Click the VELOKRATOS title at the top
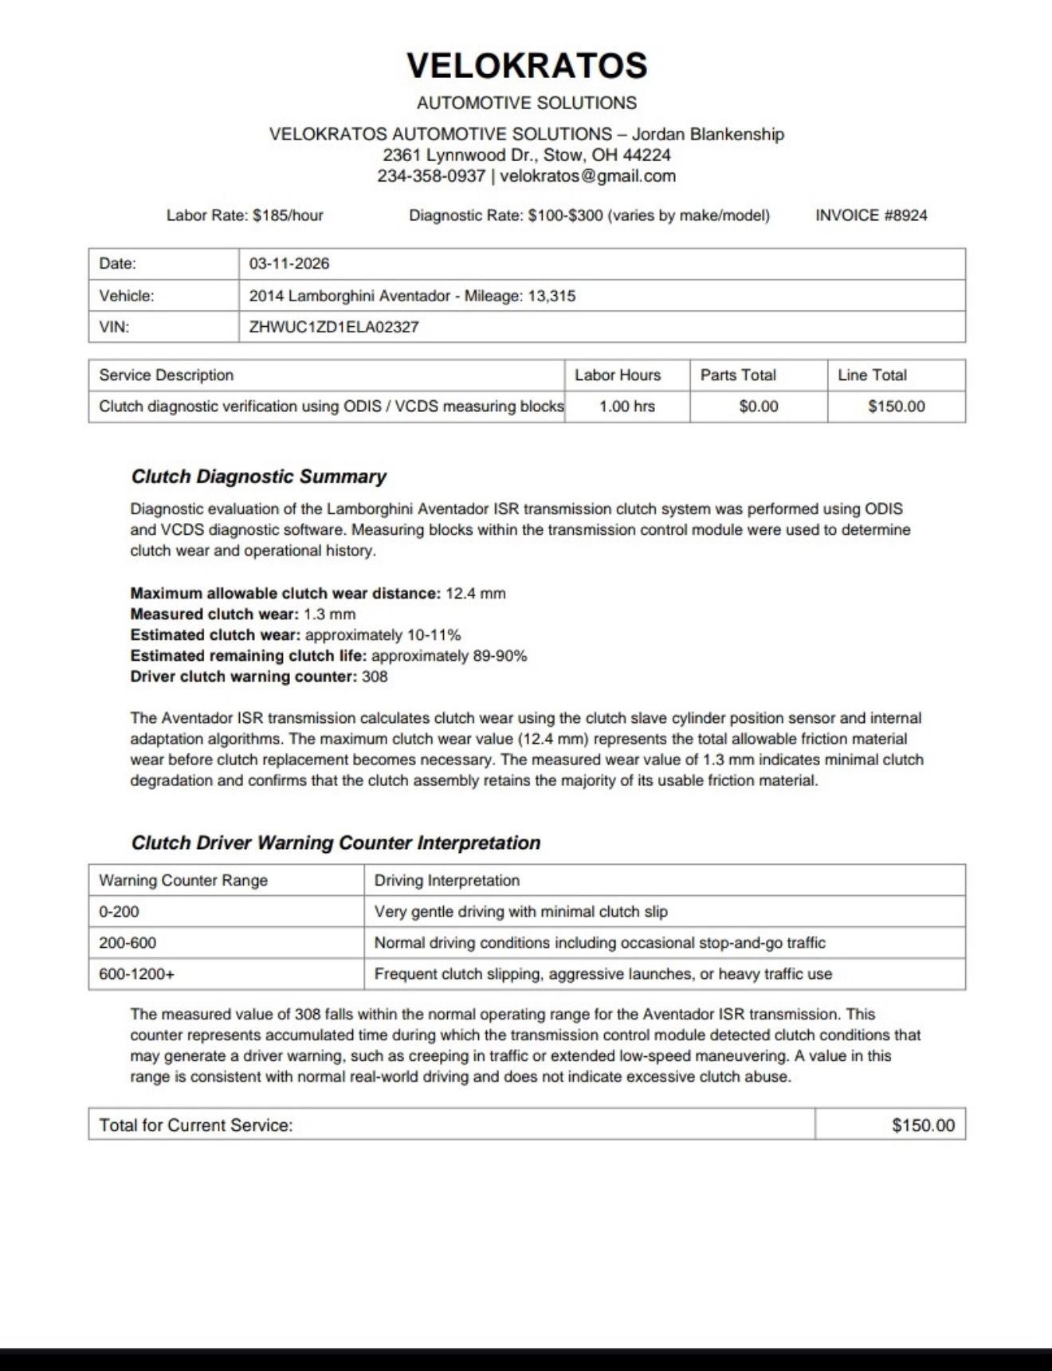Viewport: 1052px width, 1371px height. point(527,65)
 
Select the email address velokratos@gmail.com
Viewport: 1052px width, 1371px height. point(587,176)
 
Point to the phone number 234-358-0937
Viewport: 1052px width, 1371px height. point(430,176)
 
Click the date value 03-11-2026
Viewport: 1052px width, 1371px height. point(289,264)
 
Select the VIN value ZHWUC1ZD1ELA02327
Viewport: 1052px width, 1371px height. point(333,327)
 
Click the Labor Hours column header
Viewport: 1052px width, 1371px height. point(618,375)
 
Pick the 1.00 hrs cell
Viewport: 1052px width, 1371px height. point(626,407)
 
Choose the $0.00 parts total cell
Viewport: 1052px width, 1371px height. point(758,407)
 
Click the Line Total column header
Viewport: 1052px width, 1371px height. point(872,375)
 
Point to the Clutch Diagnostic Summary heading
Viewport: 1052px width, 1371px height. point(258,477)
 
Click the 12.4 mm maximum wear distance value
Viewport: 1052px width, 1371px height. point(476,593)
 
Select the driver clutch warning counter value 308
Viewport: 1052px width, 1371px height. point(375,677)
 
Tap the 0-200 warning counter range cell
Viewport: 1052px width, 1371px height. point(119,912)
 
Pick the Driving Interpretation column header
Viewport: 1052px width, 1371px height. point(446,881)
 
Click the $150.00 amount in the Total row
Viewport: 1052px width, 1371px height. point(923,1125)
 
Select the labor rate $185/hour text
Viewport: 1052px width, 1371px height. point(288,215)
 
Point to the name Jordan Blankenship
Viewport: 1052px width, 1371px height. point(708,134)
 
